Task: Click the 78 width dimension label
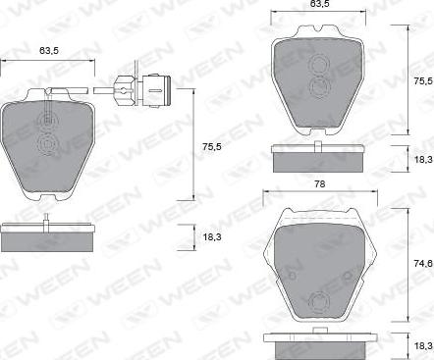(x=320, y=184)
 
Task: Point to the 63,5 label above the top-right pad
(x=319, y=4)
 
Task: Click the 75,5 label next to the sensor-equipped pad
(x=212, y=147)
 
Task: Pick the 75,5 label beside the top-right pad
(x=424, y=81)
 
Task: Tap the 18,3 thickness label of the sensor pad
(x=212, y=236)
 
